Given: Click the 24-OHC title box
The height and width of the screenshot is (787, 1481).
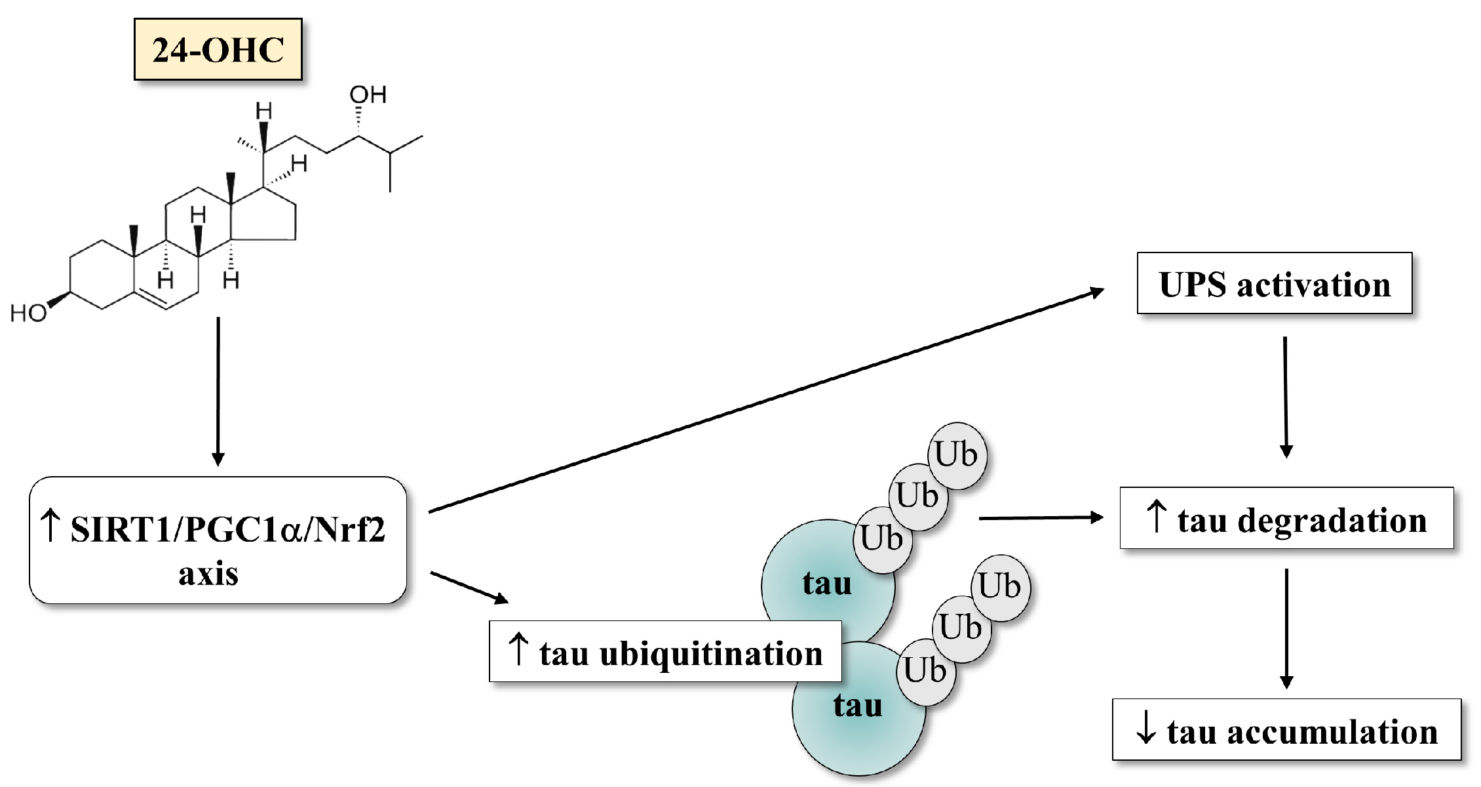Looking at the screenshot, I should pos(218,50).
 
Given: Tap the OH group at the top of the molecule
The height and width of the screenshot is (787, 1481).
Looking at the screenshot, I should pos(368,95).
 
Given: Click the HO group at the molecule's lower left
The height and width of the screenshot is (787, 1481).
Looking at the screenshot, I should pos(29,313).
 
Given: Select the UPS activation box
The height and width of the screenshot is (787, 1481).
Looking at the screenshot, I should pos(1274,284).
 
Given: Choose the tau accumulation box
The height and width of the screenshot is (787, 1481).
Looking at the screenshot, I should pos(1286,731).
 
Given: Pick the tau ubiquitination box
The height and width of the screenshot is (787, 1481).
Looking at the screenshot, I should pos(665,653).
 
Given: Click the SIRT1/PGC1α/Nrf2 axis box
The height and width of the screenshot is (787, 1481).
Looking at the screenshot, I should pos(218,540).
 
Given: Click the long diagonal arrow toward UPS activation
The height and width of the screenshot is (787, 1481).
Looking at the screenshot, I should pos(767,400).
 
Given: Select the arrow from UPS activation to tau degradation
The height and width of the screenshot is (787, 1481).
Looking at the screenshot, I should pos(1286,397).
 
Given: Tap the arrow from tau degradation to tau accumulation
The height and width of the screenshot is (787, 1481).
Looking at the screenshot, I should pos(1286,628).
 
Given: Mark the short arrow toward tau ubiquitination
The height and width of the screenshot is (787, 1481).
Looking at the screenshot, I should pos(469,587).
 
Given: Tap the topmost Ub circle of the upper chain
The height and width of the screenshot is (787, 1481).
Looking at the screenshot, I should pos(957,455).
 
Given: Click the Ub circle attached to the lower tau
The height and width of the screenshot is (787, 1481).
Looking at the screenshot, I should pos(925,671).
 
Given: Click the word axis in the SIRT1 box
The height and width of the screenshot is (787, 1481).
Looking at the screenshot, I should pos(208,574).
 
